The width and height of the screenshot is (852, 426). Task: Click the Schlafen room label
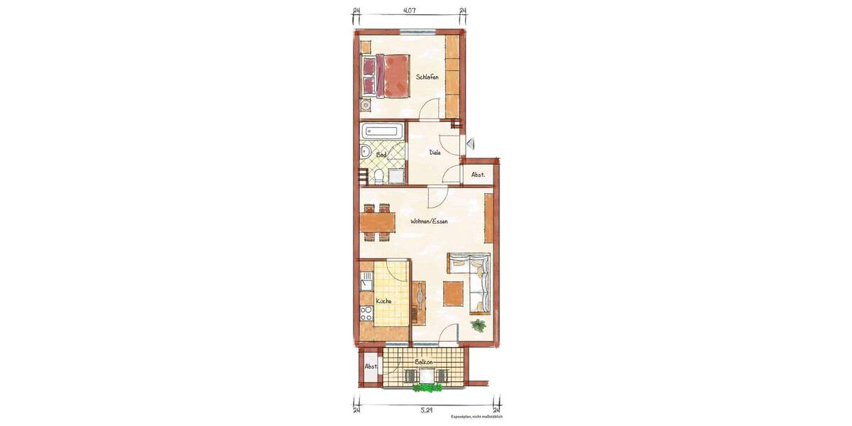tap(427, 77)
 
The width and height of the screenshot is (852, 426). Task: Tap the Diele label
tap(435, 152)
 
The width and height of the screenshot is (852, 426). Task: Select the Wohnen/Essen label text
tap(429, 221)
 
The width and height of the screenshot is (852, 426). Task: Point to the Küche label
tap(384, 300)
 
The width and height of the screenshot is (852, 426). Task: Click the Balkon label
tap(425, 362)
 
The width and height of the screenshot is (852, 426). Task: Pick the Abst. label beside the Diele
tap(478, 175)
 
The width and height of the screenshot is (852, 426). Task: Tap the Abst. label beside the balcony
tap(371, 366)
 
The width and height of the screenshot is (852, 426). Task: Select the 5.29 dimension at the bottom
tap(426, 410)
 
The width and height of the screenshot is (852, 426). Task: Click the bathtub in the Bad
tap(383, 131)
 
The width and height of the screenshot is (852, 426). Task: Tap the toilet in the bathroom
tap(378, 177)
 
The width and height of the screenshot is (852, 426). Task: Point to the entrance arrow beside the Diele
tap(469, 143)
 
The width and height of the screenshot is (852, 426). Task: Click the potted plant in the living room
tap(479, 325)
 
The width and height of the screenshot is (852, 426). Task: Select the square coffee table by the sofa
tap(453, 293)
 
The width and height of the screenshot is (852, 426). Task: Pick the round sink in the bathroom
tap(364, 151)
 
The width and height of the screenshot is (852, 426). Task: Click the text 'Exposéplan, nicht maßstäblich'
tap(476, 417)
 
